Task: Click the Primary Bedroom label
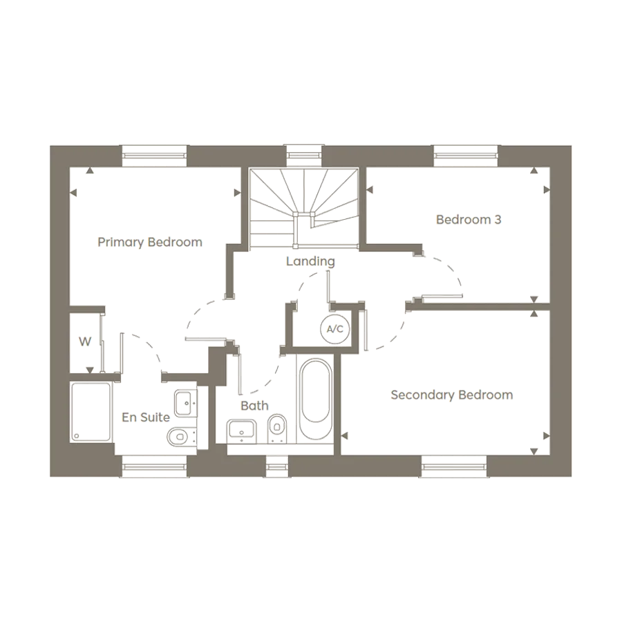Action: [x=150, y=242]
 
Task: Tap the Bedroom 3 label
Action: [x=469, y=220]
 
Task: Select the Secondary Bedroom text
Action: [x=451, y=395]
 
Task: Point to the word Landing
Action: [x=311, y=262]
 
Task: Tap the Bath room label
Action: [x=254, y=406]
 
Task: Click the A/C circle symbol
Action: [x=334, y=328]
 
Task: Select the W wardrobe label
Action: [x=85, y=341]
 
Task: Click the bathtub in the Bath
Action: [x=314, y=399]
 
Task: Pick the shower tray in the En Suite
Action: [x=91, y=412]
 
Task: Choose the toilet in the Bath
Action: [x=278, y=427]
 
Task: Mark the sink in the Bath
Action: [x=242, y=430]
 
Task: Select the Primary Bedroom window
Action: [x=155, y=155]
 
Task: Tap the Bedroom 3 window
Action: [x=466, y=155]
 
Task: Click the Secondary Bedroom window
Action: [x=454, y=468]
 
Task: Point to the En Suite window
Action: [x=155, y=468]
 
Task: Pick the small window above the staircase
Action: [x=304, y=155]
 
